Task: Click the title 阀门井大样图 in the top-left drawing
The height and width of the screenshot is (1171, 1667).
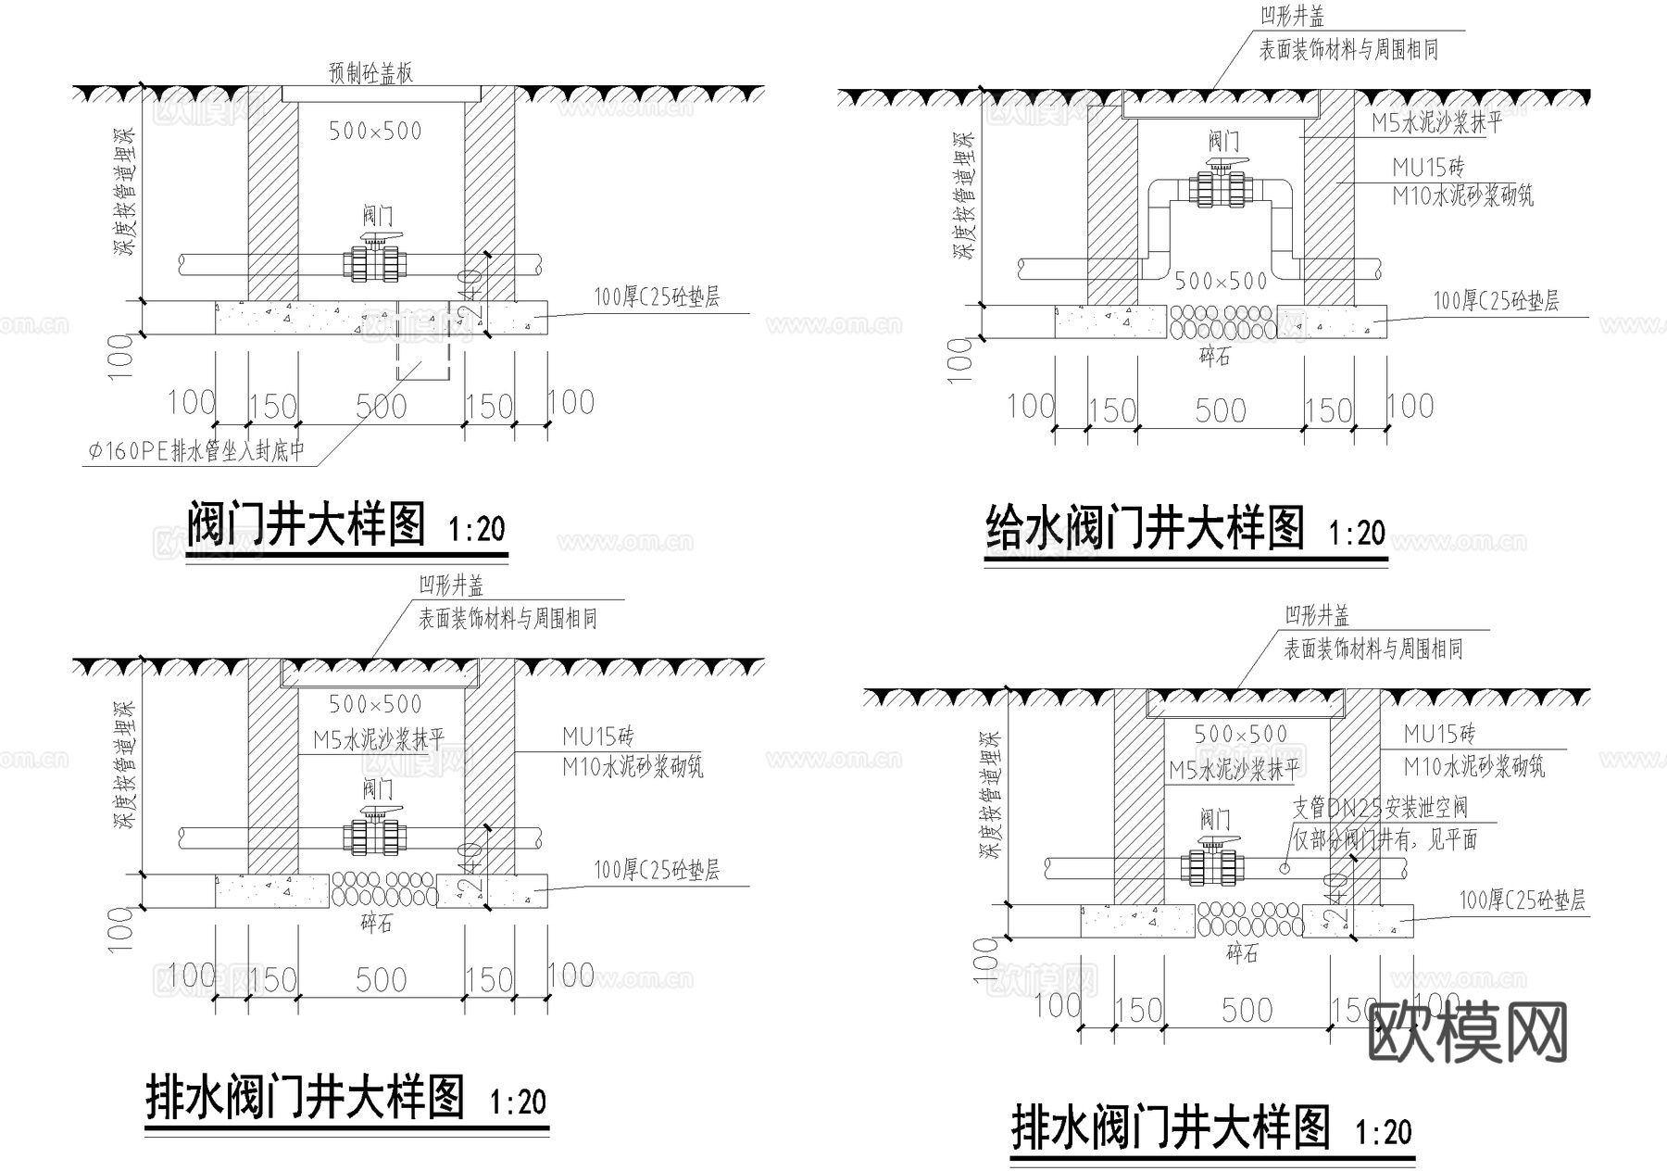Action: tap(307, 525)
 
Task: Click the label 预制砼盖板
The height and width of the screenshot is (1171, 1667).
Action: tap(370, 73)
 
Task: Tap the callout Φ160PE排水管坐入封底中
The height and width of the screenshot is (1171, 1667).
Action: tap(196, 451)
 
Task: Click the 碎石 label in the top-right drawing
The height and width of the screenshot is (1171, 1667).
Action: tap(1215, 357)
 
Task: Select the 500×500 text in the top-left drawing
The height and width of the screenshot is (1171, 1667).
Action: tap(375, 132)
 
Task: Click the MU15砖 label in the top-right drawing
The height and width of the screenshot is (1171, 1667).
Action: tap(1428, 168)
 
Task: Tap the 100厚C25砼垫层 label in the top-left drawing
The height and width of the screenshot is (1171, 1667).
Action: tap(657, 297)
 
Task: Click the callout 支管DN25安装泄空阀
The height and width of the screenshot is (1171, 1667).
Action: tap(1380, 808)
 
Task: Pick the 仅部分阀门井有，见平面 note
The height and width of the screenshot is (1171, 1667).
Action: tap(1385, 839)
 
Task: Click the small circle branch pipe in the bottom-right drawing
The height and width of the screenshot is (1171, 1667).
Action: tap(1285, 868)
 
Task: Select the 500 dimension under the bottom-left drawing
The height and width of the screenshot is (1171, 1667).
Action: tap(381, 980)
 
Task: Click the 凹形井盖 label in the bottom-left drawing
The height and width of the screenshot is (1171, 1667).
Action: tap(451, 585)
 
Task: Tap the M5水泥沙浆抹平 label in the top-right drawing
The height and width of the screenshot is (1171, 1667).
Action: tap(1435, 123)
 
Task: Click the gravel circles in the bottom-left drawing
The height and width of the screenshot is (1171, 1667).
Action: tap(383, 888)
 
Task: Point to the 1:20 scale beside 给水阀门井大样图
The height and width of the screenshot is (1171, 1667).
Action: tap(1357, 533)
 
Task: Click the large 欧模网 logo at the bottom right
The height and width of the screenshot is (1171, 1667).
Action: tap(1467, 1032)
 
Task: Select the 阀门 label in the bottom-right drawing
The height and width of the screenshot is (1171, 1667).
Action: tap(1215, 819)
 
